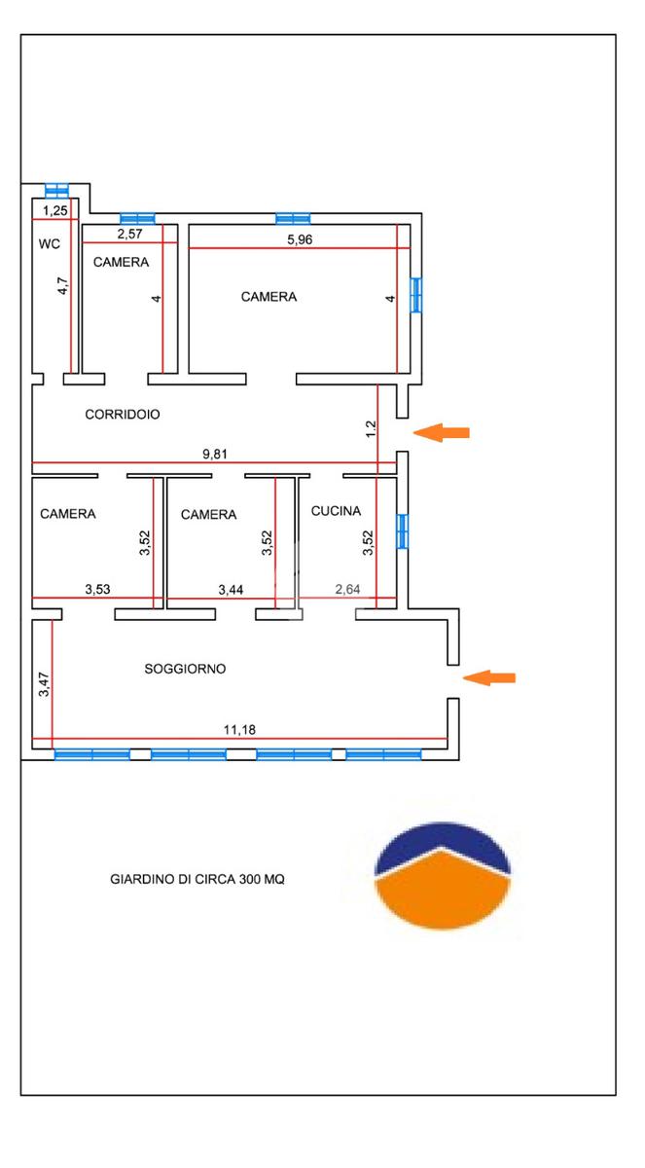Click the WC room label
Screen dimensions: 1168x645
[x=50, y=244]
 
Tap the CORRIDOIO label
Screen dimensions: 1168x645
[x=123, y=414]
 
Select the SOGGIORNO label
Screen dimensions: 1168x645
[x=185, y=669]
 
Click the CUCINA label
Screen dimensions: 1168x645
[x=337, y=510]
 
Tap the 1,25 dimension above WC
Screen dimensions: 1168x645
[x=54, y=211]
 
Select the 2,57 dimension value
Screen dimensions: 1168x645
[x=130, y=234]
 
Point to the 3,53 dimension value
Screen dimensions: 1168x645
[x=98, y=589]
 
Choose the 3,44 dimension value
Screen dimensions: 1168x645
[x=232, y=589]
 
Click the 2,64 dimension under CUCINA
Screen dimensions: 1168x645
[x=348, y=589]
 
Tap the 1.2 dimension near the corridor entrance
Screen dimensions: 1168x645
[x=370, y=427]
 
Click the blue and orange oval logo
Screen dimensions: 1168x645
[x=445, y=873]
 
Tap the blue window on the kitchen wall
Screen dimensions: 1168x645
[x=402, y=531]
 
